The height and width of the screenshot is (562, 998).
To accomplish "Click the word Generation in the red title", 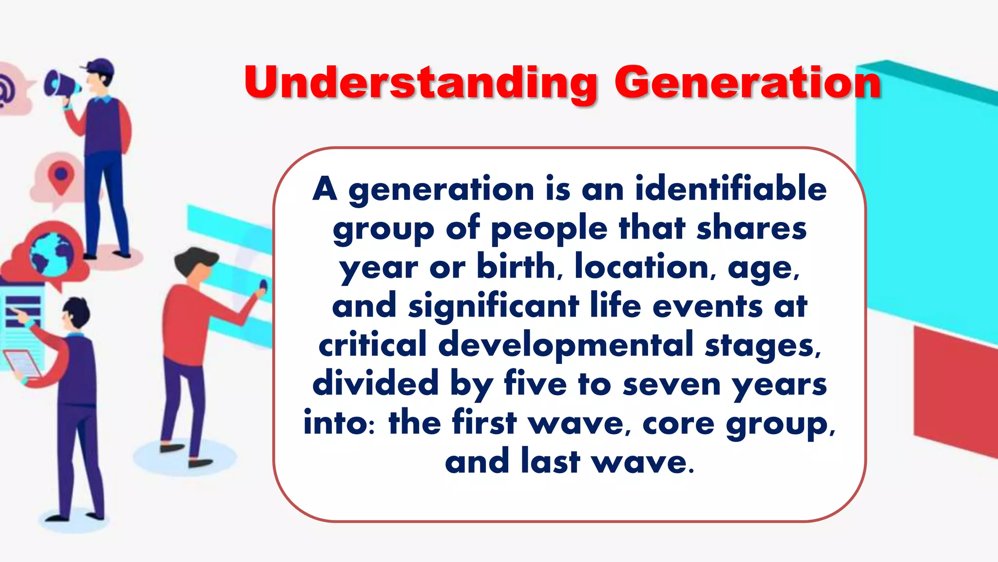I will (748, 82).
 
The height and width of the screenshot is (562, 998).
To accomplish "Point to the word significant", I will (493, 306).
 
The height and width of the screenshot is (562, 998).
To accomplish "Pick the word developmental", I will (566, 345).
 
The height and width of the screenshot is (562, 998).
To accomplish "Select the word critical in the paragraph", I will (372, 345).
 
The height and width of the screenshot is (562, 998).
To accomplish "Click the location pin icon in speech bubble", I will (60, 177).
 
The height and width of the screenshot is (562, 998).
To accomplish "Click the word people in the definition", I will (549, 228).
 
